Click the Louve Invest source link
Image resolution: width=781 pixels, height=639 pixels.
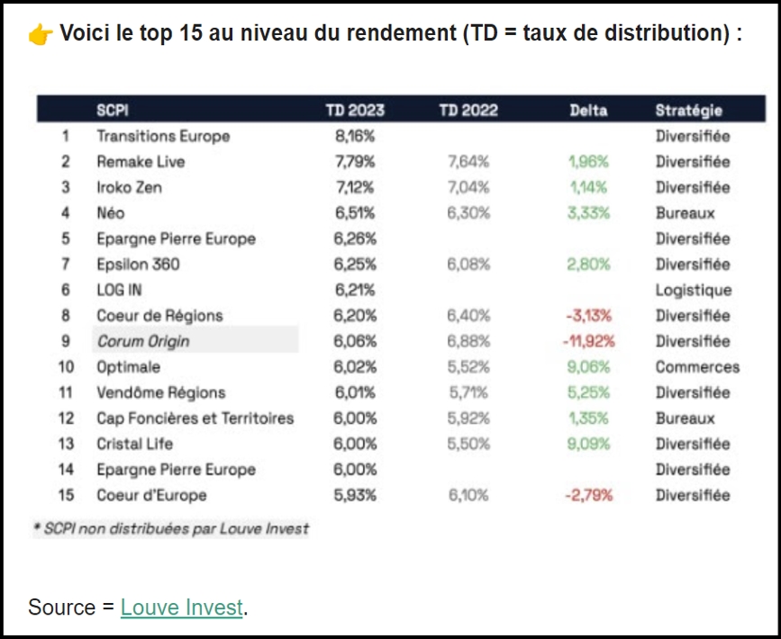click(181, 607)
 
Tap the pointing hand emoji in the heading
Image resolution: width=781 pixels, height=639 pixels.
click(40, 35)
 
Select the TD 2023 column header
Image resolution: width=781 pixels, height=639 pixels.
click(355, 111)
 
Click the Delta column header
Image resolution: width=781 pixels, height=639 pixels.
click(588, 111)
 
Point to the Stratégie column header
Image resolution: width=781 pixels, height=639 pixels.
click(689, 111)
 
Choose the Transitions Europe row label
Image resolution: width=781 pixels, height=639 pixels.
click(163, 137)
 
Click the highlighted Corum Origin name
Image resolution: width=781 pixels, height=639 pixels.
click(143, 342)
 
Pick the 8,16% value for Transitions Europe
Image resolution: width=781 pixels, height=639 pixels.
click(354, 137)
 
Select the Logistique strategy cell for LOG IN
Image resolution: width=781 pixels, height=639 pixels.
click(694, 291)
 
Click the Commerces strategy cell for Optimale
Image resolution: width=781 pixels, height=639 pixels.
click(697, 367)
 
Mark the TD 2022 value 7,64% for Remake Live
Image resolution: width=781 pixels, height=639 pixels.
click(468, 162)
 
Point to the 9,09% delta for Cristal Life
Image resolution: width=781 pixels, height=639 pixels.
click(588, 444)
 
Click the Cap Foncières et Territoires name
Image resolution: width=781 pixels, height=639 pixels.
click(195, 418)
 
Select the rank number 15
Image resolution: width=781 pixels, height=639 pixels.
click(65, 495)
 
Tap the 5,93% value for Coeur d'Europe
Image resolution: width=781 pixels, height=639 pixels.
click(354, 495)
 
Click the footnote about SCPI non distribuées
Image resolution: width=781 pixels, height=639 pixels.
click(171, 528)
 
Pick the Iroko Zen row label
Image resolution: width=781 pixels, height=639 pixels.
click(130, 188)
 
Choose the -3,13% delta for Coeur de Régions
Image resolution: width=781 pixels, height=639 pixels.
click(589, 316)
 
